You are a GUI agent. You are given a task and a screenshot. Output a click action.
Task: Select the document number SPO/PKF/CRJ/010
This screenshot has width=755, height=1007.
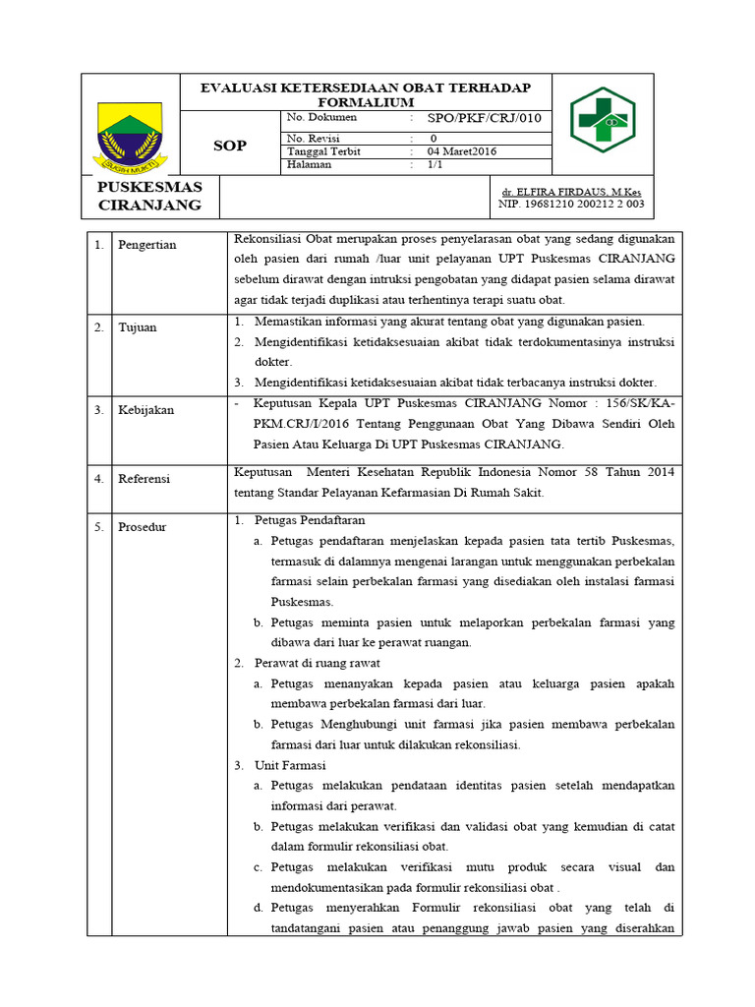click(483, 119)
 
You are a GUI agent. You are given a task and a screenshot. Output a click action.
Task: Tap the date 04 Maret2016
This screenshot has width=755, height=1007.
click(461, 152)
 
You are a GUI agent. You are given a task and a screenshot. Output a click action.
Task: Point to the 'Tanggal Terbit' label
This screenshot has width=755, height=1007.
click(319, 152)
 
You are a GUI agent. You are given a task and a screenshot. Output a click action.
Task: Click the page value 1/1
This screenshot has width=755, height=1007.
click(436, 165)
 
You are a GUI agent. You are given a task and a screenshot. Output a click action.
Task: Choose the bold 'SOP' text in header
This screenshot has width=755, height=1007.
click(230, 146)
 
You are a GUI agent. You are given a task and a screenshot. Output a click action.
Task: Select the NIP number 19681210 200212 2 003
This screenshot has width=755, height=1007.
click(571, 205)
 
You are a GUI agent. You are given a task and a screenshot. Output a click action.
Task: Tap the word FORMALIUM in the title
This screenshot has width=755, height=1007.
click(366, 102)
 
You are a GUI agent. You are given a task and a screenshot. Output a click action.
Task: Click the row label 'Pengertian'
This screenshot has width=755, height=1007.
click(146, 245)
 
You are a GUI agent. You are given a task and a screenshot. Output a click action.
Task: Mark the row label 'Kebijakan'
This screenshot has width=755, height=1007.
click(145, 410)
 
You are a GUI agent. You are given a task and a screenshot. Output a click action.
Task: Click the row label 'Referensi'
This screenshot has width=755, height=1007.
click(145, 479)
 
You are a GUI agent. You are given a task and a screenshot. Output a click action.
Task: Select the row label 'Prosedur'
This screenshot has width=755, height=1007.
click(143, 527)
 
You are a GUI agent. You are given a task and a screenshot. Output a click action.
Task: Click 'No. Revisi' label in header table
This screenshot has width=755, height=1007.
click(311, 139)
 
